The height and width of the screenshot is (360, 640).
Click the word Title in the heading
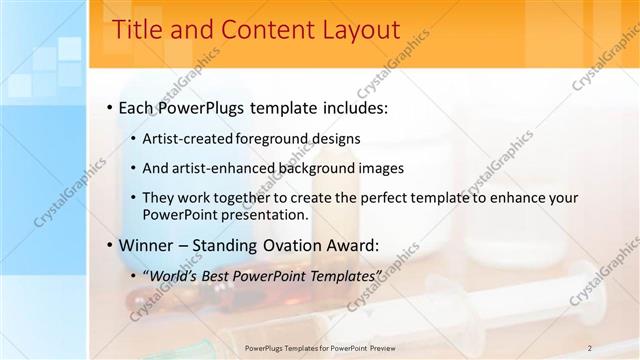137,31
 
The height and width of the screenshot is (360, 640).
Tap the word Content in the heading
252,31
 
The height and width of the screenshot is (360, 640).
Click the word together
246,198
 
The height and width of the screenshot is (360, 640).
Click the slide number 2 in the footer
590,348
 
